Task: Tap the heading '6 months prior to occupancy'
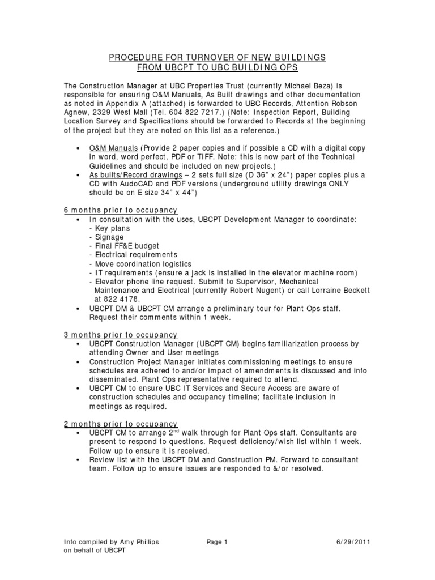[120, 210]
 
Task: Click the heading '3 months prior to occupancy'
[120, 335]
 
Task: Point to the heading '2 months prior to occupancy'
[120, 424]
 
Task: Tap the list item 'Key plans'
[112, 228]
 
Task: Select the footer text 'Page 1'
[217, 542]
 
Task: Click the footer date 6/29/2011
[356, 542]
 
